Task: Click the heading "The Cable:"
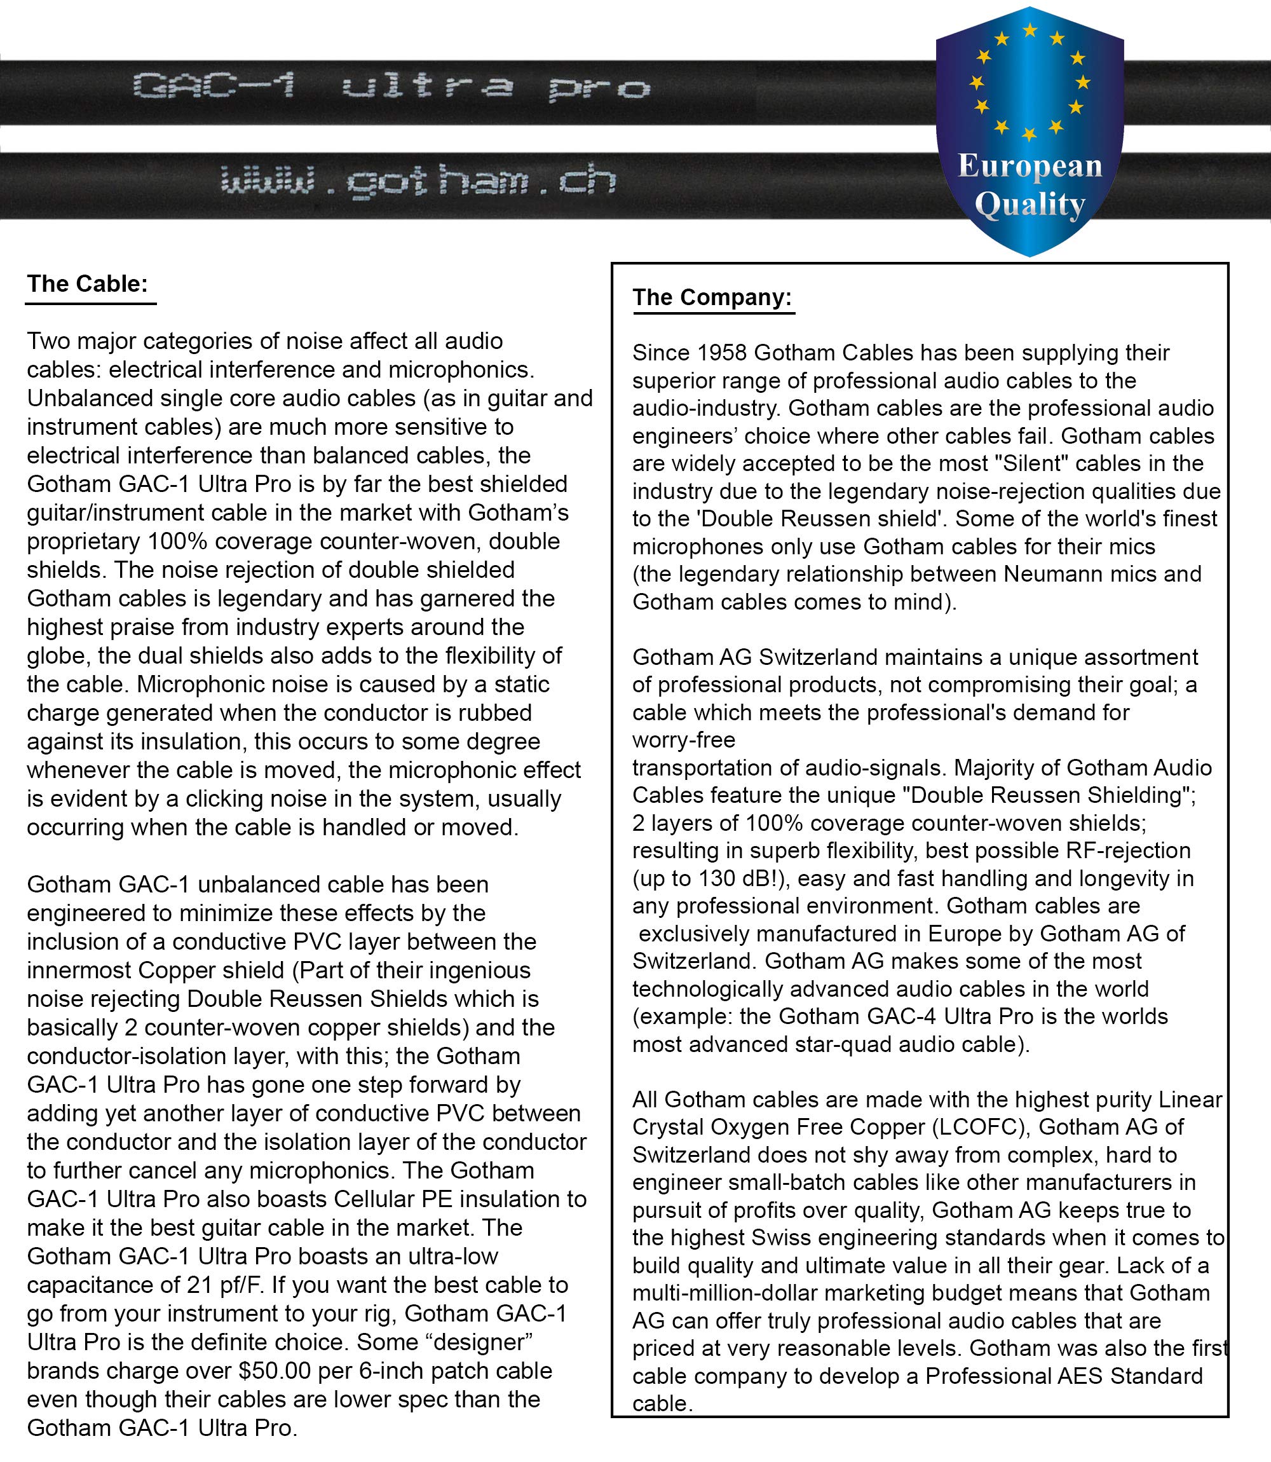87,284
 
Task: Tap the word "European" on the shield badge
1030,167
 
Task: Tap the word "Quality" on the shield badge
1030,205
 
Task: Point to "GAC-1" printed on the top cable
214,88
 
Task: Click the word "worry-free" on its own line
684,740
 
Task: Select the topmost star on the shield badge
1030,31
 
